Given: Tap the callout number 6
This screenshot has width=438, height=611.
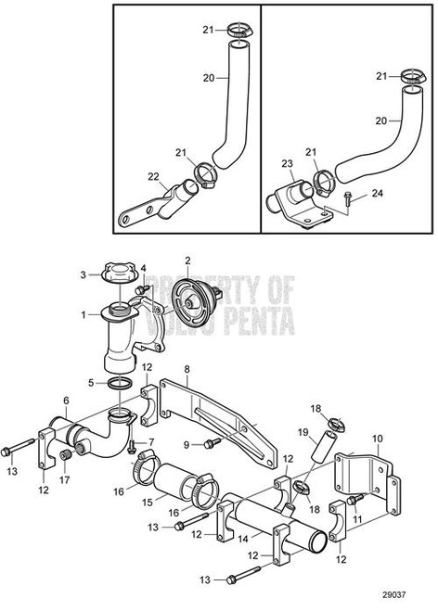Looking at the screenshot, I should pos(67,401).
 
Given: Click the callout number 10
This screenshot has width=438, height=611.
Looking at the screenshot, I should pos(377,438).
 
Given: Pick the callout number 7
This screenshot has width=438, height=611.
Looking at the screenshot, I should pos(151,442).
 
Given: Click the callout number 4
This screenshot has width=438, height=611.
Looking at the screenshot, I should pos(143,267).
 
